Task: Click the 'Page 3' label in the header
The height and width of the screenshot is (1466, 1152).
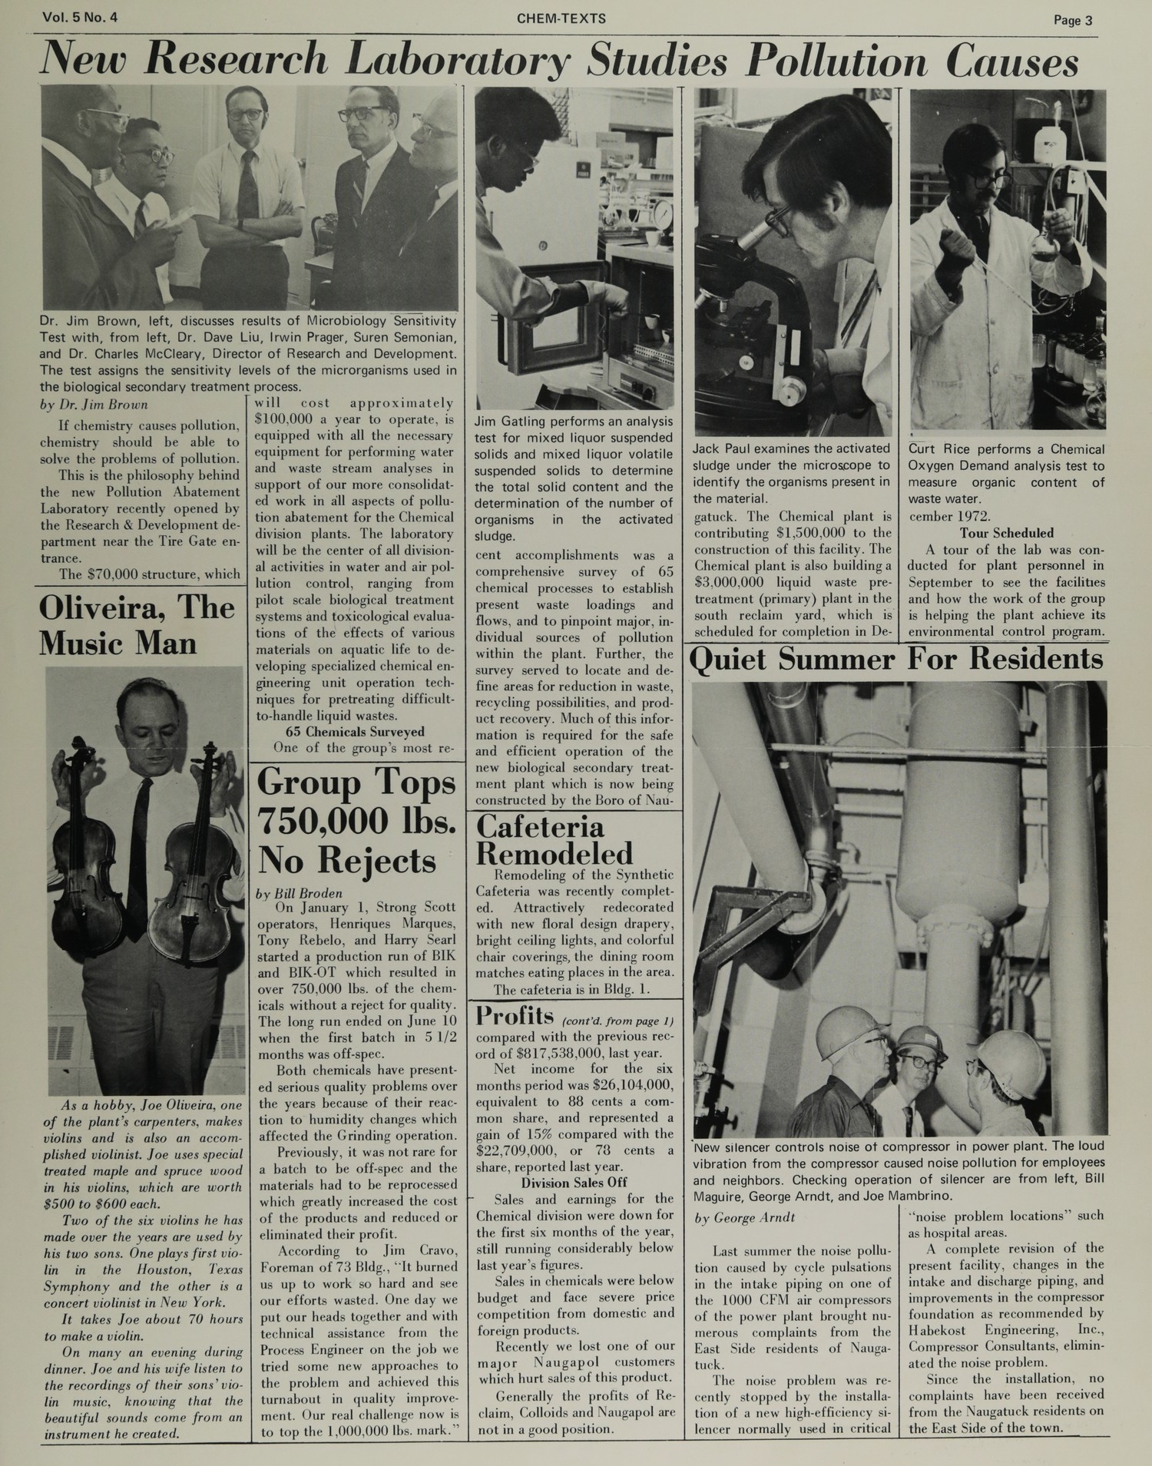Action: pos(1073,21)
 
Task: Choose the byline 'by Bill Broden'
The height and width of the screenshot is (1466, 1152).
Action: pos(300,892)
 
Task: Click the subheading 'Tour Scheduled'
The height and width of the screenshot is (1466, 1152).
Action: pos(1006,533)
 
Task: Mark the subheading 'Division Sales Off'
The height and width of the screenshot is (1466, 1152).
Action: pos(574,1183)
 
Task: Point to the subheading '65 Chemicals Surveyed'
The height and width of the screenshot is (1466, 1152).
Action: pos(354,731)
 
